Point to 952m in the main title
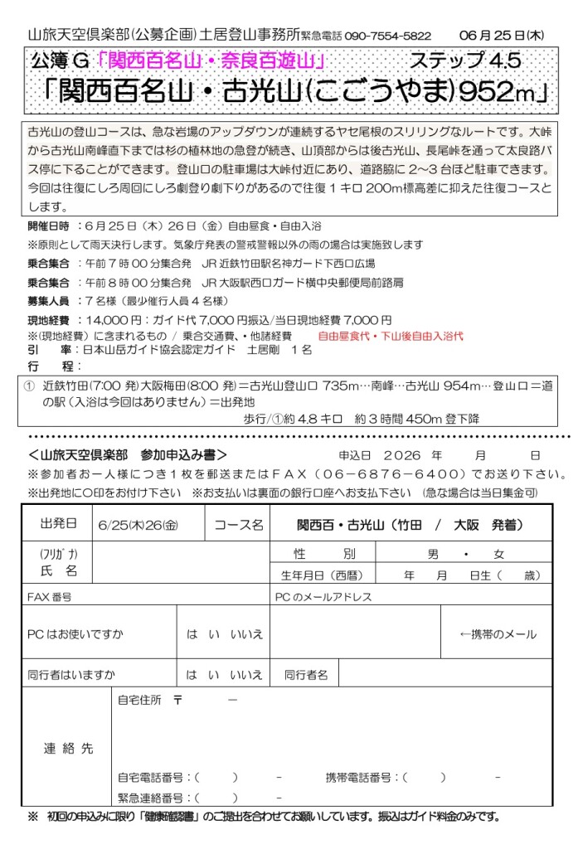pos(490,92)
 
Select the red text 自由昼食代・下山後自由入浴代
pos(391,336)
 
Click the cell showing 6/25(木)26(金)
pos(138,525)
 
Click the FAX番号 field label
pos(49,596)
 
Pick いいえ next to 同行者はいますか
pos(245,675)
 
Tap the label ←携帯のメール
pos(498,634)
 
